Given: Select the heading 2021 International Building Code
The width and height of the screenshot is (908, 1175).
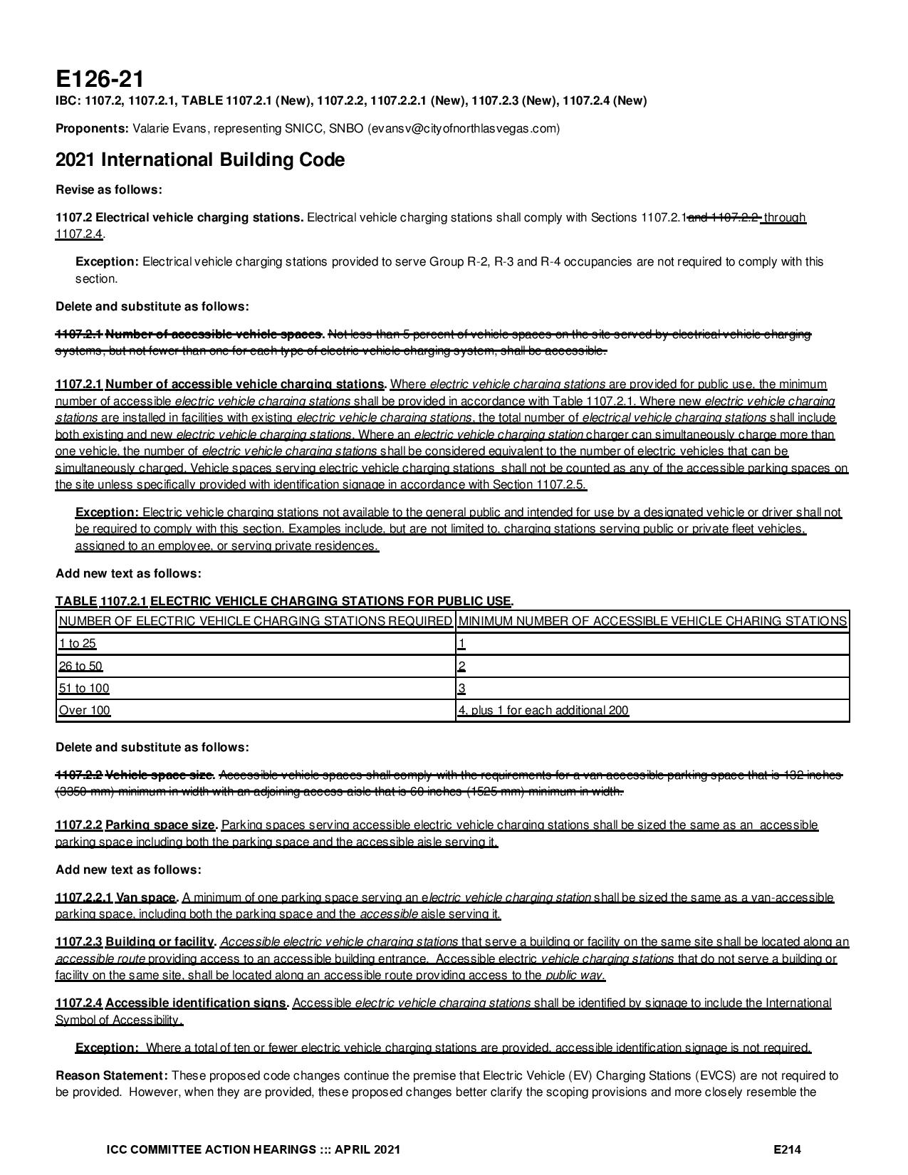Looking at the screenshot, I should (x=200, y=160).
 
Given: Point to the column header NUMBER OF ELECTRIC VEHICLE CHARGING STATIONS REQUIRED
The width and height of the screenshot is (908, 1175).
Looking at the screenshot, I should (x=255, y=621).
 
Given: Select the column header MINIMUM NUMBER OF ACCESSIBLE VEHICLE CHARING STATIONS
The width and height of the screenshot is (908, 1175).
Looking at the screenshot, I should (x=652, y=621).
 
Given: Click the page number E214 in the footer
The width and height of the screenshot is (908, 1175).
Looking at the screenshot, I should (x=788, y=1149).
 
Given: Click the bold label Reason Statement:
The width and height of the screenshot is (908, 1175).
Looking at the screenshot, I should (x=112, y=1075).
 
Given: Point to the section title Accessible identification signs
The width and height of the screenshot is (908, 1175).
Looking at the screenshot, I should (x=196, y=1003).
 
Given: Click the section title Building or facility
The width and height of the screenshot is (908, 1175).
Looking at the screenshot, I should (x=160, y=942).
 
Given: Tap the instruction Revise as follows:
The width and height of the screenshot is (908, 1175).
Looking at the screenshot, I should (x=109, y=189).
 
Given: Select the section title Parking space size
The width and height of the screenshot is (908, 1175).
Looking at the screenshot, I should (x=160, y=825).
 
